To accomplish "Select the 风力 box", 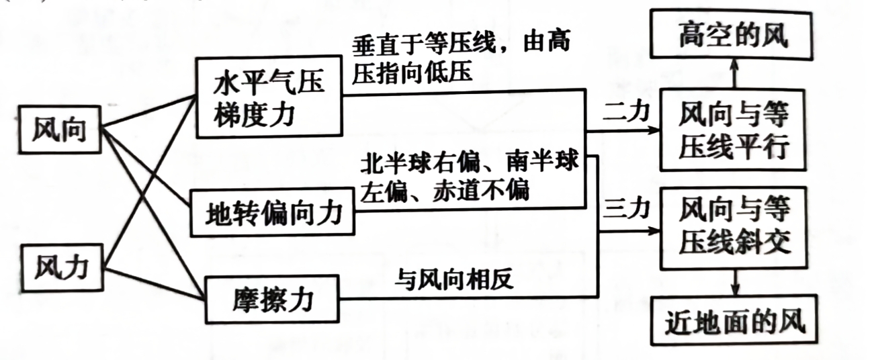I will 60,267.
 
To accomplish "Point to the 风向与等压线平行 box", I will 733,131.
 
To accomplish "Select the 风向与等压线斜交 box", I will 733,228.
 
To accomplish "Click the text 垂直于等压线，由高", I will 462,44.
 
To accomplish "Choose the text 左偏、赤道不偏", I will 445,191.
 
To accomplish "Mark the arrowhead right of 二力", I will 654,130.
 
